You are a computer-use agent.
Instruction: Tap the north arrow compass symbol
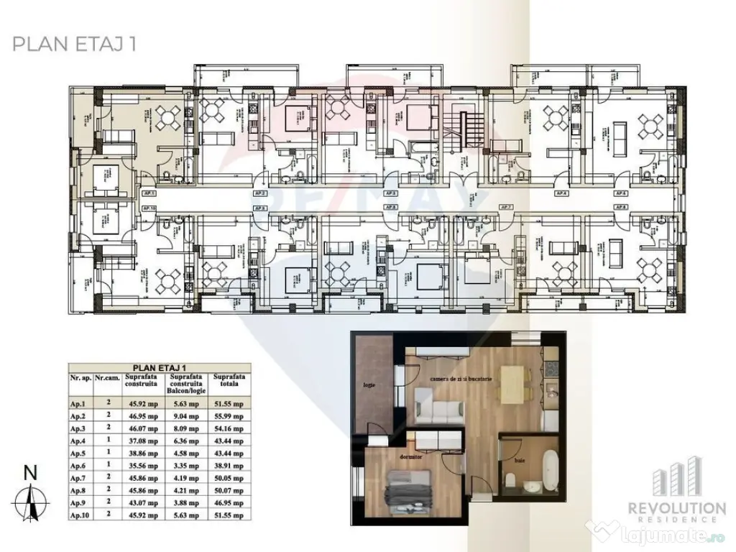(x=30, y=496)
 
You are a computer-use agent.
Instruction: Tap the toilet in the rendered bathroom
(x=511, y=479)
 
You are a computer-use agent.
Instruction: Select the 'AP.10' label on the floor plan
(x=150, y=207)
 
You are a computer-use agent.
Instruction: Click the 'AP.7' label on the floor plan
(x=505, y=207)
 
